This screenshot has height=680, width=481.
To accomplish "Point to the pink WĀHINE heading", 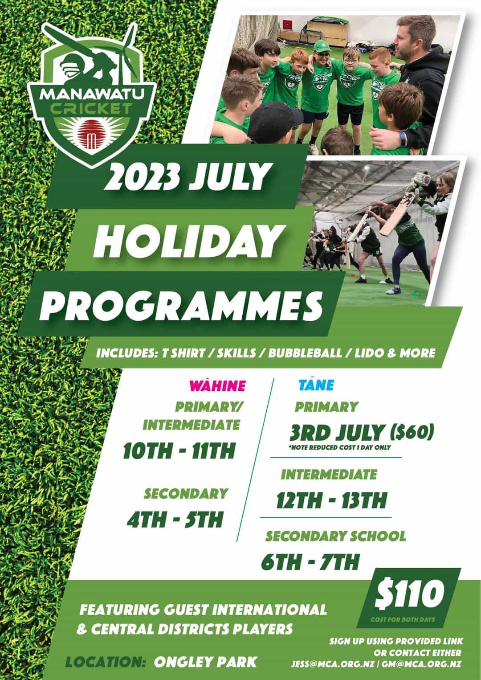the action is (x=217, y=385).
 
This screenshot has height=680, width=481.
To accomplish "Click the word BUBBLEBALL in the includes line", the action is (x=305, y=353).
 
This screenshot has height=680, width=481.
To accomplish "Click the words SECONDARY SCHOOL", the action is (x=336, y=536).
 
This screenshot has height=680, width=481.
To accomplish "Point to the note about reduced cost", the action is (x=340, y=447).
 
